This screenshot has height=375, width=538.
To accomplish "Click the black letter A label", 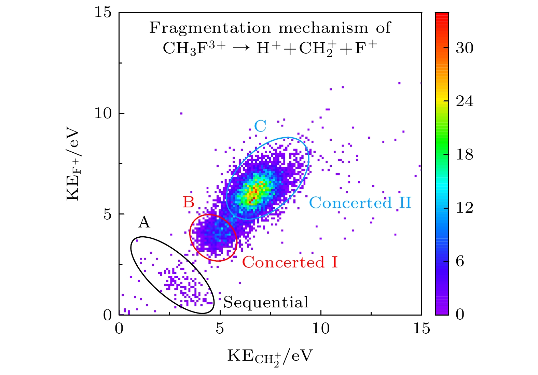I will tap(144, 222).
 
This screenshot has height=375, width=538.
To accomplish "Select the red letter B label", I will tap(189, 202).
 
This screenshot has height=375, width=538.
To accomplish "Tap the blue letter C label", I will tap(260, 126).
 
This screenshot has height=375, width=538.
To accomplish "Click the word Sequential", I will tap(266, 303).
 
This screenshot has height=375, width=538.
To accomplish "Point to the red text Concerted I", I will tap(290, 262).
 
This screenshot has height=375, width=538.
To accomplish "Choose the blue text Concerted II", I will tap(360, 203).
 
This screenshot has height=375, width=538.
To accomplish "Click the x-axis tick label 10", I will tap(321, 329).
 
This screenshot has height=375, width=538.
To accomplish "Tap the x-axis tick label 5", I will tap(220, 329).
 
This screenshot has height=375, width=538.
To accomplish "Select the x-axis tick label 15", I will tap(421, 329).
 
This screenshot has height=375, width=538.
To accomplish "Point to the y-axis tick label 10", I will tap(103, 113).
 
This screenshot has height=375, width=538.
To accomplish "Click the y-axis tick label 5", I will tap(108, 214).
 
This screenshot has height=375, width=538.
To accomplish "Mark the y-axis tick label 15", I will tap(103, 13).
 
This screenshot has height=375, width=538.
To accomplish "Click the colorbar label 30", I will tap(465, 48).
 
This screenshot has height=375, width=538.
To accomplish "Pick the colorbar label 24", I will tap(465, 101).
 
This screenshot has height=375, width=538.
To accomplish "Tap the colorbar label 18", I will tap(465, 155).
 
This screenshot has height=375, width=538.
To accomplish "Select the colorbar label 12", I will tap(465, 208).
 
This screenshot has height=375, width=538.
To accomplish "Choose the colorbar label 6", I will tap(460, 261).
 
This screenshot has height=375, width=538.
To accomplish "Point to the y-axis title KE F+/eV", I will tap(73, 165).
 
